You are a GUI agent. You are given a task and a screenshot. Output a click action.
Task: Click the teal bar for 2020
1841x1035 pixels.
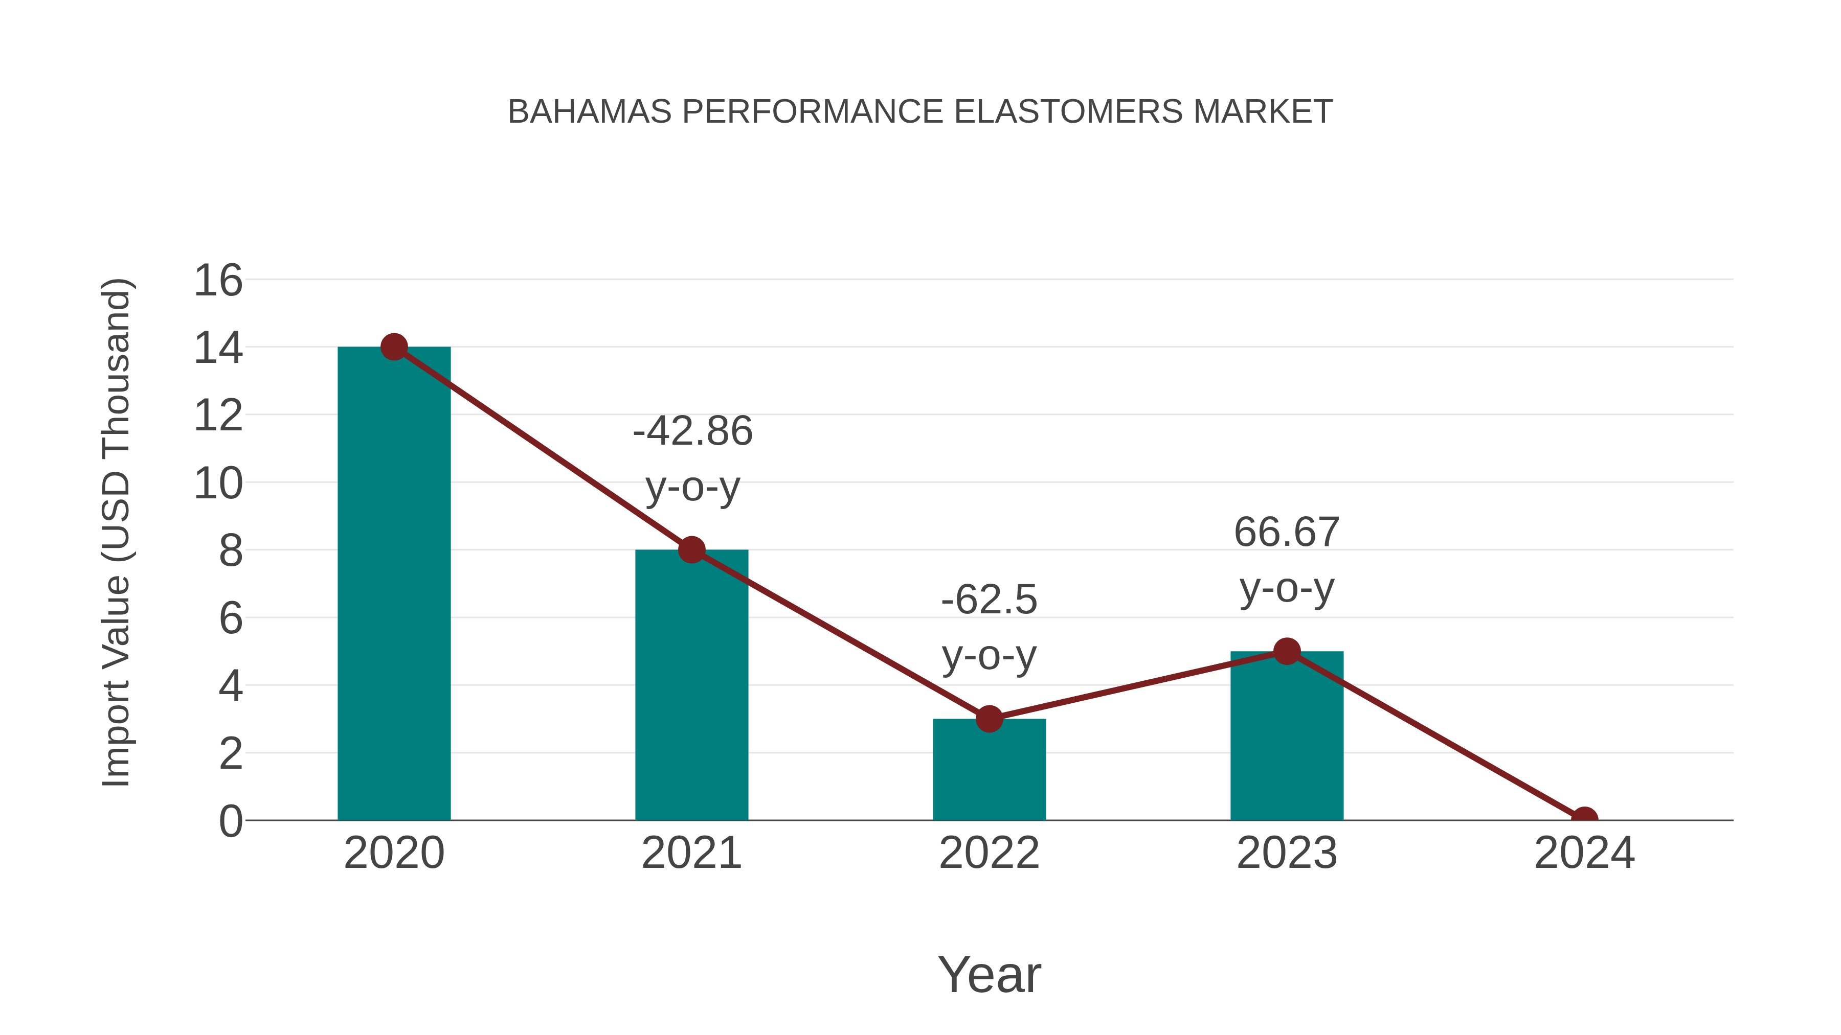click(x=394, y=586)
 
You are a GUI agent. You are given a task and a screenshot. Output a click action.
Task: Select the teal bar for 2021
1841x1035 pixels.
click(x=691, y=686)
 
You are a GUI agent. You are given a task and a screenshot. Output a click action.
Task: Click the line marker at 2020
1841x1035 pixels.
click(x=394, y=347)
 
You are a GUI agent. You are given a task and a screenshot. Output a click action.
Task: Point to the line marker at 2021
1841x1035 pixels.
click(x=691, y=550)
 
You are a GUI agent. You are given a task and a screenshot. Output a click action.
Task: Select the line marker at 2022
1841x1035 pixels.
click(x=989, y=719)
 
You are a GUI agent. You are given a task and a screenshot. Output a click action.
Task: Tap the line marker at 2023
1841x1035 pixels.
click(x=1287, y=652)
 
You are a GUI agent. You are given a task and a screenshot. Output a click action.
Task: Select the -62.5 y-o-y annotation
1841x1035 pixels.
click(x=989, y=627)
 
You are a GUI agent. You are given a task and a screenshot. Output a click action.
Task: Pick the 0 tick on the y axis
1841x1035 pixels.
click(x=230, y=821)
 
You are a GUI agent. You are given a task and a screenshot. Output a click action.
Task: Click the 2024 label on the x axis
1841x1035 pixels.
click(x=1584, y=853)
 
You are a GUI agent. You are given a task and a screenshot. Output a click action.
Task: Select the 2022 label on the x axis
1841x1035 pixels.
click(x=989, y=853)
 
